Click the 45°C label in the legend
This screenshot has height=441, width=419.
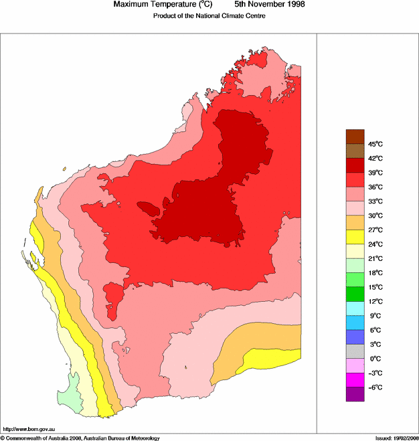click(x=375, y=144)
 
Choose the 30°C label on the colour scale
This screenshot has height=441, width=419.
click(x=375, y=215)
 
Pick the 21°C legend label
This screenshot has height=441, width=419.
click(x=375, y=258)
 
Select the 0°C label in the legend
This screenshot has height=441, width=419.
click(x=374, y=359)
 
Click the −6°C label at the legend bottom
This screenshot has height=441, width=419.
click(x=375, y=387)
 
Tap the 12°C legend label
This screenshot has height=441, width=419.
click(x=375, y=301)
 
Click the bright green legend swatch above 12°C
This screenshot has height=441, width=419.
click(x=355, y=294)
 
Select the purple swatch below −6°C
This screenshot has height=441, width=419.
click(x=355, y=395)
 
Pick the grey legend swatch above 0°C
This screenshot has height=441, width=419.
click(x=355, y=351)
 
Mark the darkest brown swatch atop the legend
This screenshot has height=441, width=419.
click(x=355, y=137)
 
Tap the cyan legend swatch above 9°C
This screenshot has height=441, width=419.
click(x=355, y=308)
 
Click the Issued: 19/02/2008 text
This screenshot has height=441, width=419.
click(x=396, y=438)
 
